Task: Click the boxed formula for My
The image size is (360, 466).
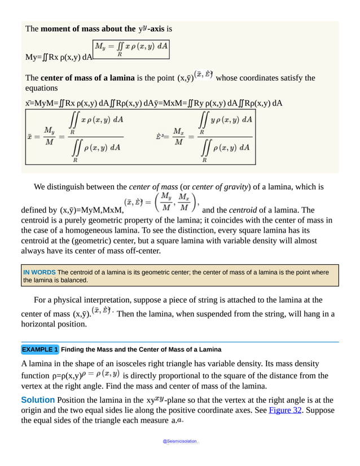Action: click(x=131, y=49)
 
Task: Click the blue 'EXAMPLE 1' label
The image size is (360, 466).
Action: click(x=40, y=349)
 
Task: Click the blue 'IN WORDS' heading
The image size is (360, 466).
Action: click(x=39, y=272)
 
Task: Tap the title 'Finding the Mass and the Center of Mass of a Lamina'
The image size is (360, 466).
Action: click(x=141, y=349)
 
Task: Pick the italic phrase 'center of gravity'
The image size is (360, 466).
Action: click(x=223, y=186)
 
